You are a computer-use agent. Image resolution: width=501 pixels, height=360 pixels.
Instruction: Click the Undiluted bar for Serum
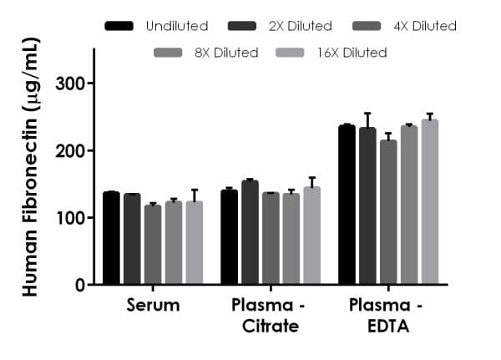coord(112,238)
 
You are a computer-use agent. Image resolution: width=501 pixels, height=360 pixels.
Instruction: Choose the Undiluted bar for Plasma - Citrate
coord(229,237)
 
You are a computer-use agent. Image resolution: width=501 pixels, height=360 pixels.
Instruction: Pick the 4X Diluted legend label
coord(423,26)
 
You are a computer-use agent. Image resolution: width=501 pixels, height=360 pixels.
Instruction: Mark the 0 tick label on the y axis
coord(80,285)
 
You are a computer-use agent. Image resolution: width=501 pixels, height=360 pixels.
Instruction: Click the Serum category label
coord(153,305)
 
